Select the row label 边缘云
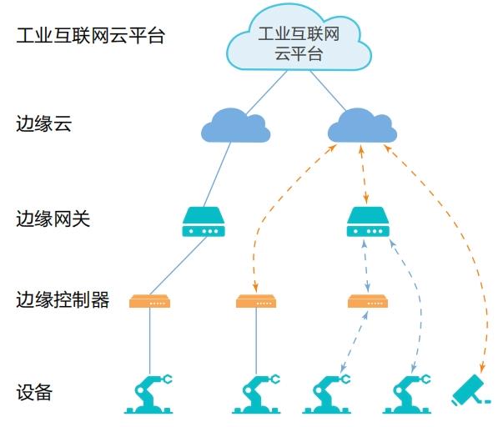pos(43,125)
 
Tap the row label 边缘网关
pos(53,220)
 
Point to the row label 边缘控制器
pos(63,300)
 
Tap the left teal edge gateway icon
pos(204,222)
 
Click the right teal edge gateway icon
pos(367,222)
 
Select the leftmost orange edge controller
pos(150,301)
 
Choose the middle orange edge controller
pos(256,301)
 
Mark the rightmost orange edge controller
pos(367,301)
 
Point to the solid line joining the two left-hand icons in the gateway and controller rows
pos(177,264)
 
